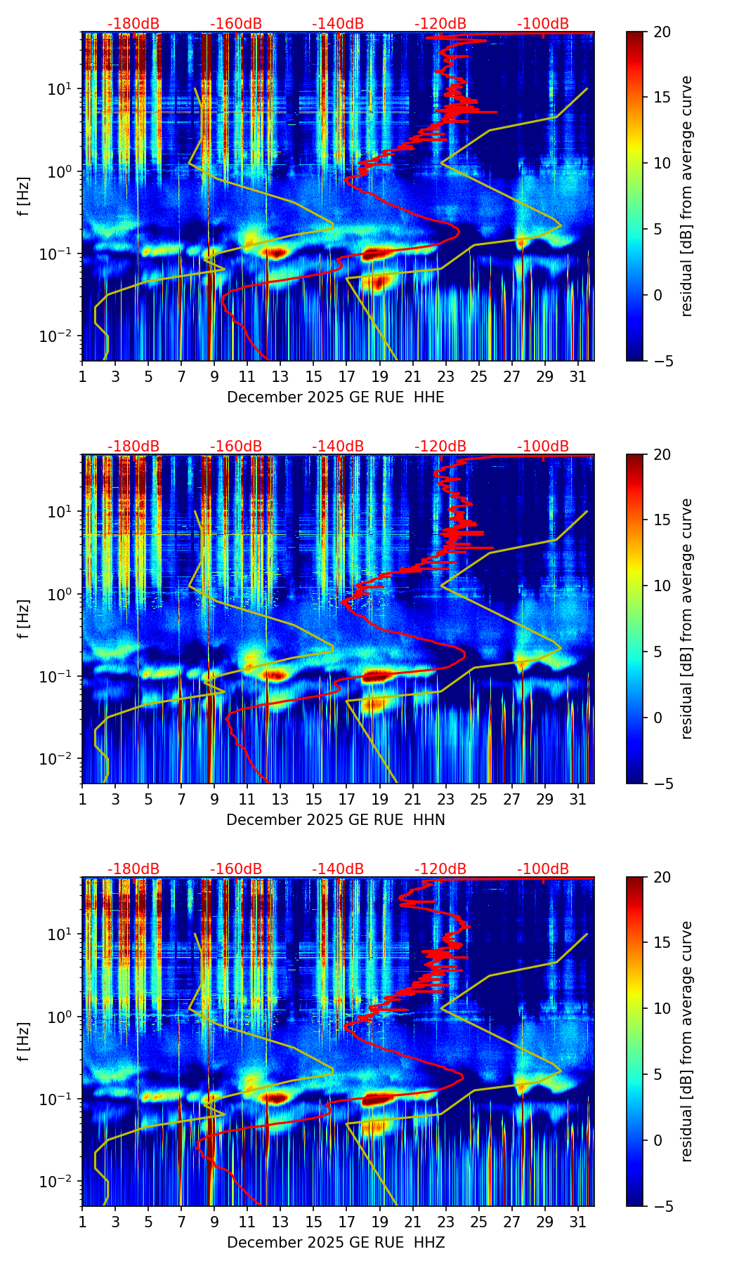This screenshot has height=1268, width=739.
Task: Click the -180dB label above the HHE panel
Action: (133, 24)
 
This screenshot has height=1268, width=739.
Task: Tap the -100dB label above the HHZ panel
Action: (543, 869)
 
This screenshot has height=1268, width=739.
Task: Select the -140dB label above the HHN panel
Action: (338, 447)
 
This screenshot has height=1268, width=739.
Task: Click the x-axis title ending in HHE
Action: (336, 397)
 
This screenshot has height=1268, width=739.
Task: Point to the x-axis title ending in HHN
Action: (336, 820)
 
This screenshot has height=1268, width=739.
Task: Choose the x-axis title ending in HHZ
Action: (336, 1243)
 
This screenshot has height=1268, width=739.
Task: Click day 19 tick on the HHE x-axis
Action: (379, 376)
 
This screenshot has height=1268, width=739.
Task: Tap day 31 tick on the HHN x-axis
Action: (577, 799)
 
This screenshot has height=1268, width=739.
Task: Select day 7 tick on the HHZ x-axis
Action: (181, 1222)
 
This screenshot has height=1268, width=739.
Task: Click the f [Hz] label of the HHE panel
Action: (24, 197)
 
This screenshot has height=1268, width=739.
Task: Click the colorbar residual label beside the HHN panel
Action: (686, 619)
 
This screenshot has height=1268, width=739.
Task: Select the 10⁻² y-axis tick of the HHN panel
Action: (60, 759)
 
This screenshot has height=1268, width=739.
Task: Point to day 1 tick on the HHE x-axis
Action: (82, 376)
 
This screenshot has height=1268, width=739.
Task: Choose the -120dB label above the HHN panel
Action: (440, 447)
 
